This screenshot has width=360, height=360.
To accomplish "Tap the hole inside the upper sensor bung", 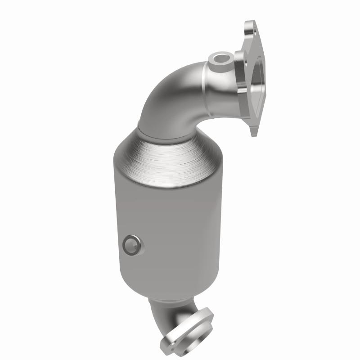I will pyautogui.click(x=220, y=58).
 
